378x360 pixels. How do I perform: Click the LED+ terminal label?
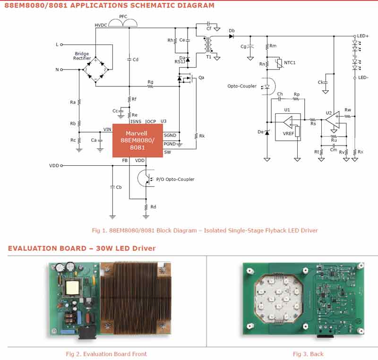point(362,36)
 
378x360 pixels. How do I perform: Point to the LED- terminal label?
point(363,77)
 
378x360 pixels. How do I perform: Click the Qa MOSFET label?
point(201,77)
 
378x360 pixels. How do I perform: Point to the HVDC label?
point(101,25)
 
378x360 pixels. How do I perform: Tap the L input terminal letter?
point(57,44)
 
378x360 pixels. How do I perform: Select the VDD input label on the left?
point(54,166)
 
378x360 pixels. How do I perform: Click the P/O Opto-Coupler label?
point(175,179)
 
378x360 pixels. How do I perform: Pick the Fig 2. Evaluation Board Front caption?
point(106,354)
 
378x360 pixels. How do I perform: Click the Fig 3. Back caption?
point(308,354)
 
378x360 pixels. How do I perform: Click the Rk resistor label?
point(202,136)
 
